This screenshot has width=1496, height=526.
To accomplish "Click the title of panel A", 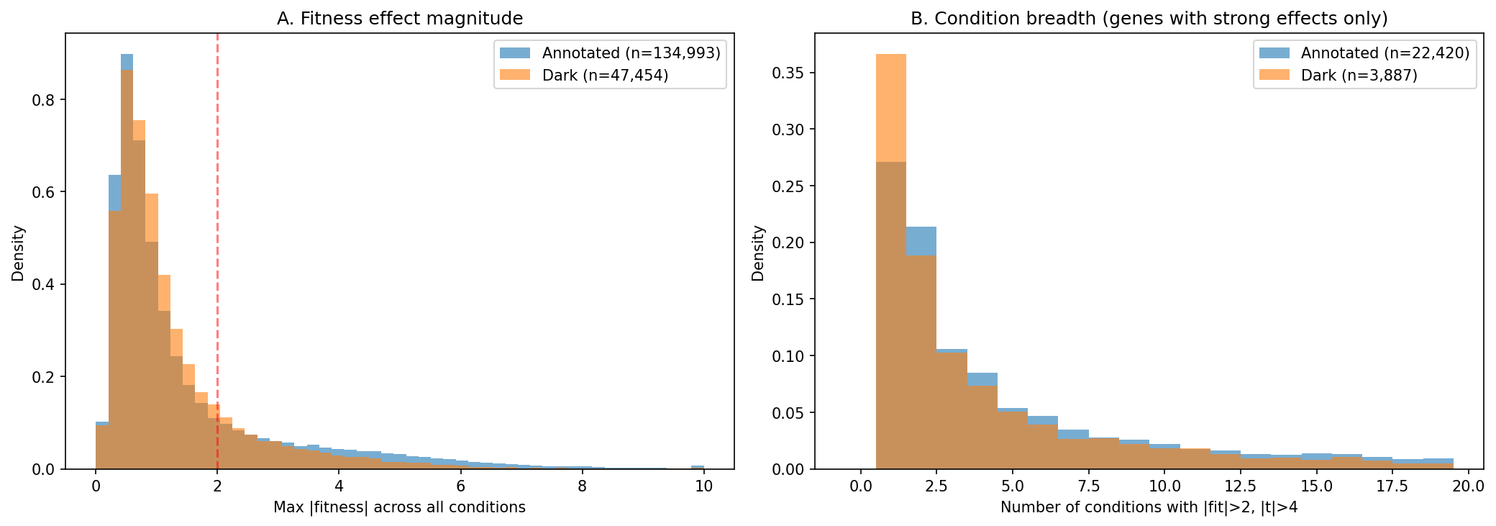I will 399,19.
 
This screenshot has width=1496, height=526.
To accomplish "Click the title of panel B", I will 1149,19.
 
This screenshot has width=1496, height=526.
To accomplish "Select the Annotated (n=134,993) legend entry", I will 631,53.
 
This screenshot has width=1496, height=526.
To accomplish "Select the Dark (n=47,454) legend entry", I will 605,76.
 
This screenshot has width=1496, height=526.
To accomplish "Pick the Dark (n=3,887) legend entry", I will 1359,76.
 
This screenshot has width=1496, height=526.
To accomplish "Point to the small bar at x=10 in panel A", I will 697,467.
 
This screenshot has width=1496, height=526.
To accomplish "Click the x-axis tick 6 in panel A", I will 460,486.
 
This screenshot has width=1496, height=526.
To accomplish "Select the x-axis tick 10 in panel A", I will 703,486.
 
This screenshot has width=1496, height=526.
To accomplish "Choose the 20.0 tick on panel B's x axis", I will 1468,486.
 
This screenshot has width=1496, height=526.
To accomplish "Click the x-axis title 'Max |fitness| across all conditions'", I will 399,507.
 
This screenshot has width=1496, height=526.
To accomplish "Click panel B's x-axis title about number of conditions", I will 1149,507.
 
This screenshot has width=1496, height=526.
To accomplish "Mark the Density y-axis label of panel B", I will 758,253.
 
